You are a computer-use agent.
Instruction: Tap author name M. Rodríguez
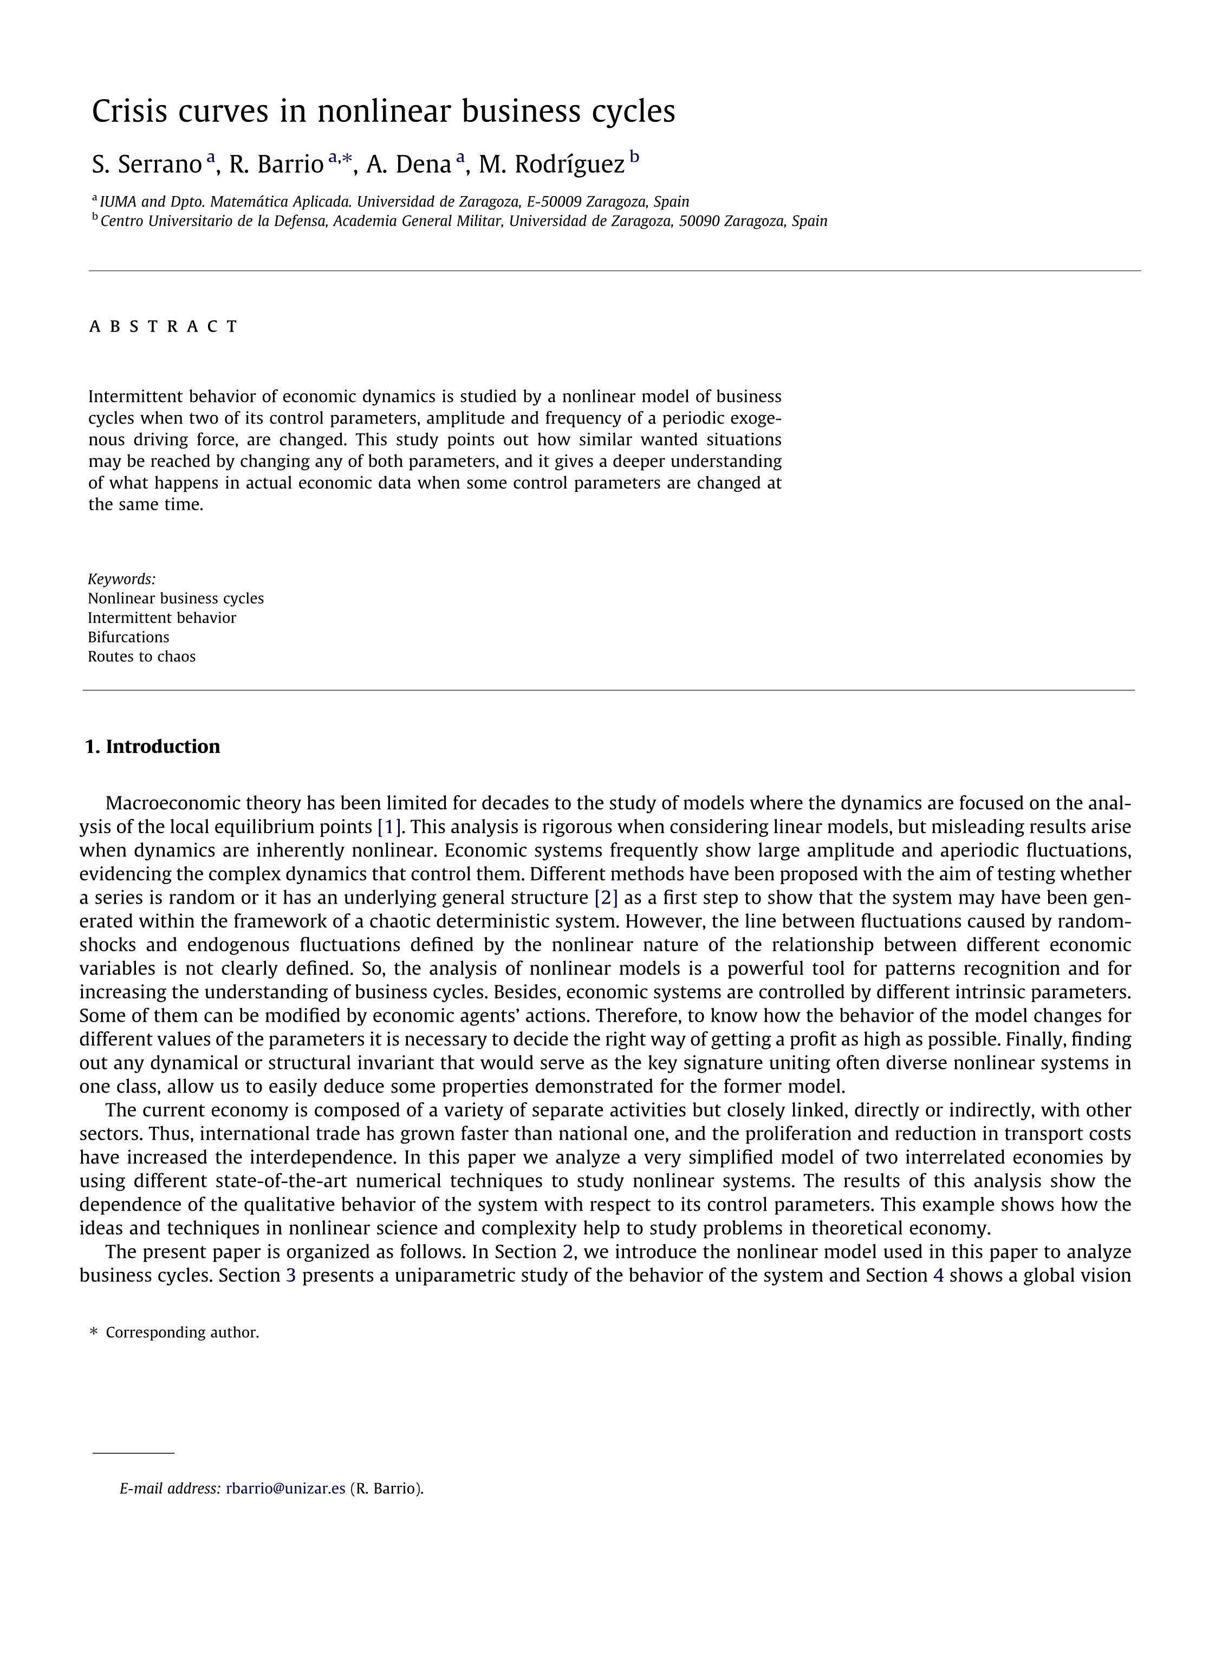click(551, 164)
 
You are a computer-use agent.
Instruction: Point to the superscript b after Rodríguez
click(634, 157)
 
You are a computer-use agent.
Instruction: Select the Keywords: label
click(121, 579)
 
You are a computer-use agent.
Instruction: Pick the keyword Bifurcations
click(128, 637)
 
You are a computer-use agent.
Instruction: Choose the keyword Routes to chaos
click(141, 657)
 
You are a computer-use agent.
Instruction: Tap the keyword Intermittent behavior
click(161, 618)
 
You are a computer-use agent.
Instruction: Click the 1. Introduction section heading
click(152, 746)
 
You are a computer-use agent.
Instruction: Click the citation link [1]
click(389, 827)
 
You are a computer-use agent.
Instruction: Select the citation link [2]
click(606, 898)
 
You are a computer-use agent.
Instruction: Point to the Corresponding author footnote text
click(182, 1332)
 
